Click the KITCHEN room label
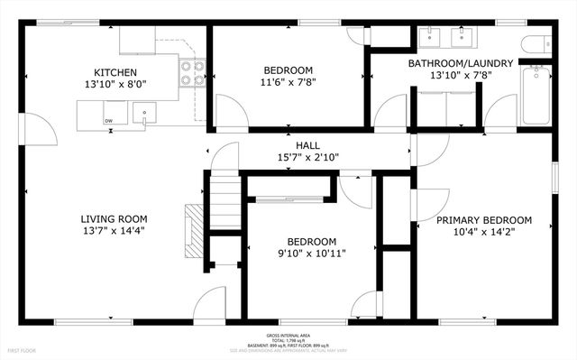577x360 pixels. coord(115,72)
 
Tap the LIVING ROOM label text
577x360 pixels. coord(114,218)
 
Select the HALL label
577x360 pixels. coord(307,145)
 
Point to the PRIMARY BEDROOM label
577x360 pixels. coord(483,220)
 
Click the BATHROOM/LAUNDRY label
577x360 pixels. coord(461,63)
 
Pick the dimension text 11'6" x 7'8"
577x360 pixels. coord(288,83)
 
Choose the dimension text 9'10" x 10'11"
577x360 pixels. coord(311,254)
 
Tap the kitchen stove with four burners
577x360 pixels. coord(191,72)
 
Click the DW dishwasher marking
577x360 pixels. coord(108,120)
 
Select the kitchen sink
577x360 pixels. coord(143,113)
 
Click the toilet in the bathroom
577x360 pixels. coord(539,43)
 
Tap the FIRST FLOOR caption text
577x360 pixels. coord(23,348)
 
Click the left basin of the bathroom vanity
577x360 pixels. coord(429,37)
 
